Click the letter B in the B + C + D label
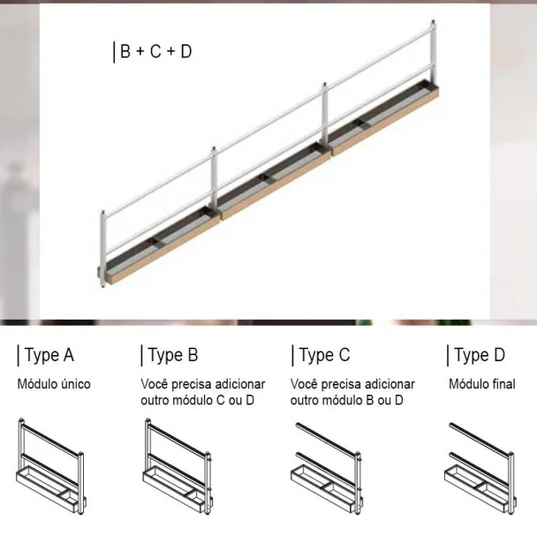125,51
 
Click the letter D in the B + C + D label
186,51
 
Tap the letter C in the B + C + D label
155,51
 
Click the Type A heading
49,355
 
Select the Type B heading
173,355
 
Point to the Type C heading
325,355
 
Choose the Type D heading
480,355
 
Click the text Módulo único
54,384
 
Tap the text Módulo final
482,384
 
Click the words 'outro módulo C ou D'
198,400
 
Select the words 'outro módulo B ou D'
346,400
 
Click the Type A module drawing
51,466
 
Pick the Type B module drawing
178,466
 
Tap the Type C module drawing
327,468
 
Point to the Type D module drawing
480,468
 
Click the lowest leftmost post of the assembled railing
102,248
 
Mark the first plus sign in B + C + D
140,52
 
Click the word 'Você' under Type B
154,384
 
